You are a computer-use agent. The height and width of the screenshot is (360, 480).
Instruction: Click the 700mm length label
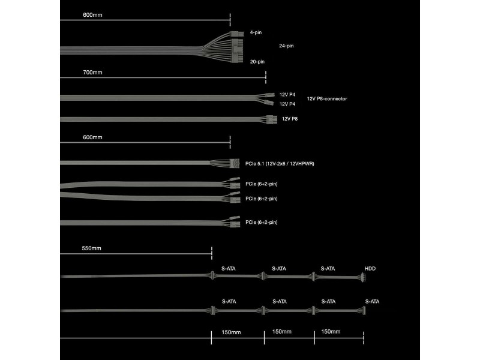[92, 73]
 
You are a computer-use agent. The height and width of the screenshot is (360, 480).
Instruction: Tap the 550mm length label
[91, 248]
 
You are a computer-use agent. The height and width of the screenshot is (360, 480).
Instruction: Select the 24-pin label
[286, 46]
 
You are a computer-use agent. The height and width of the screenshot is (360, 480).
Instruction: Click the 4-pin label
[256, 32]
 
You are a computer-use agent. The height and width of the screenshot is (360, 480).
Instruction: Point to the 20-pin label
[257, 62]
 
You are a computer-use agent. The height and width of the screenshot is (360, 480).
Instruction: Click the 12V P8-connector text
[327, 99]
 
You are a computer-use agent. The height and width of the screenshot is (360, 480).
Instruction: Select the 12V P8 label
[290, 119]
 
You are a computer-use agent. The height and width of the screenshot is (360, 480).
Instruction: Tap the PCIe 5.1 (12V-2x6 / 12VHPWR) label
[280, 164]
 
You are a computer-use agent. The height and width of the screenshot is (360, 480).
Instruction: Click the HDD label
[370, 269]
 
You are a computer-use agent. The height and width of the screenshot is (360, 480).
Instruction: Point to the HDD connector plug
[362, 277]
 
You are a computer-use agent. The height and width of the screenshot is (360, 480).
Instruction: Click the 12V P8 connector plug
[272, 119]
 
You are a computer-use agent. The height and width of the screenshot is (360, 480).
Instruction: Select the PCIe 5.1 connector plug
[234, 163]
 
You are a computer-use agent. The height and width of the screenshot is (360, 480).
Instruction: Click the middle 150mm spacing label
[281, 332]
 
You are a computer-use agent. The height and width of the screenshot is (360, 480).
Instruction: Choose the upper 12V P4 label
[287, 95]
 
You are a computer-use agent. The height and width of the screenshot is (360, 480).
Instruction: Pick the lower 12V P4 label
[287, 104]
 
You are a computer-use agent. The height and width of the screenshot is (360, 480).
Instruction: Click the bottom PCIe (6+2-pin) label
[261, 222]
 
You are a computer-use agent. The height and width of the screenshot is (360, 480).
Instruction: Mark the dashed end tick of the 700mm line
[266, 77]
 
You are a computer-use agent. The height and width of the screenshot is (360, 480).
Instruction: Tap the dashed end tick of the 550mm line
[212, 253]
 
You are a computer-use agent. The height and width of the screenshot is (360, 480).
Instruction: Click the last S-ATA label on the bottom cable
[372, 302]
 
